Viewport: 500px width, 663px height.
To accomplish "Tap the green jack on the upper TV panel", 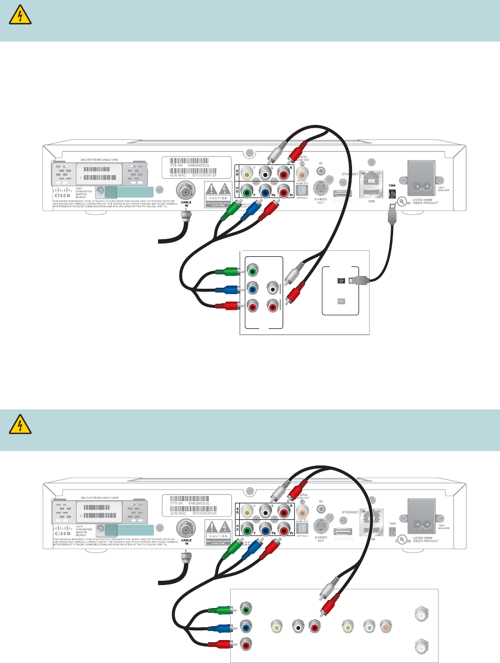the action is [x=253, y=271].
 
